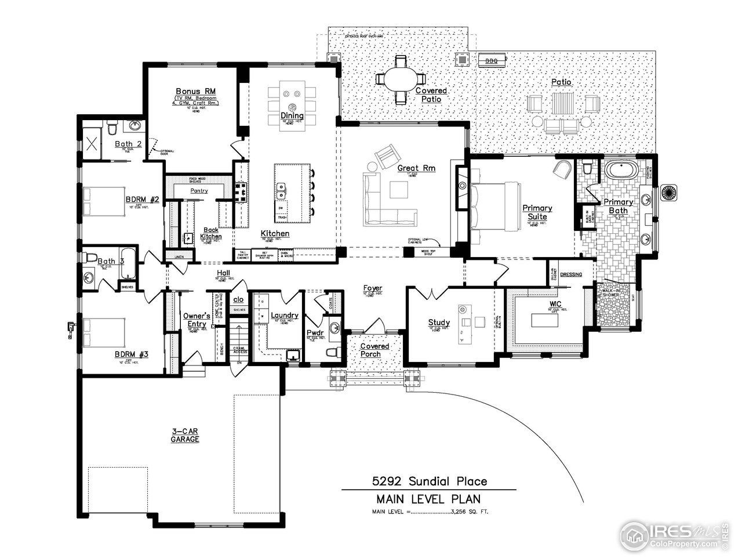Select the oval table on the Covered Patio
tap(400, 79)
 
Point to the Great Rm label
tap(416, 169)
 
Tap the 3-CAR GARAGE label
tap(185, 435)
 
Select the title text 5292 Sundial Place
tap(429, 481)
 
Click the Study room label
tap(439, 323)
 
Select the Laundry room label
tap(285, 316)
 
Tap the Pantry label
tap(199, 190)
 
